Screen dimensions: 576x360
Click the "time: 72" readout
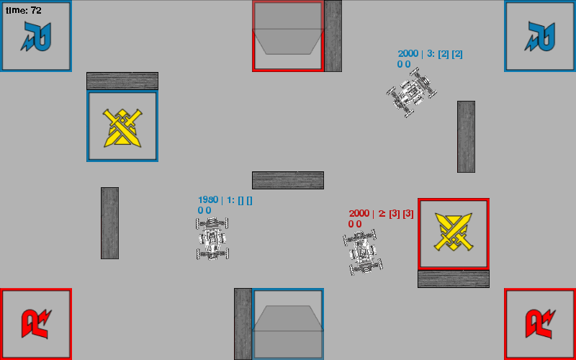[24, 10]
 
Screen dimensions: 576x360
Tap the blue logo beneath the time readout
[35, 36]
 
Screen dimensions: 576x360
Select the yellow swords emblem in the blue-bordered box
[122, 128]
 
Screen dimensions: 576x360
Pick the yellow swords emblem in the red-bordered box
[454, 232]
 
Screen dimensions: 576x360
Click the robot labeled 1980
[212, 238]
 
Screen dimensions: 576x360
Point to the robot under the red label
[363, 252]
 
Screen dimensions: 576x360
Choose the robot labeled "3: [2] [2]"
[412, 92]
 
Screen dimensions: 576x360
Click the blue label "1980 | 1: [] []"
[225, 200]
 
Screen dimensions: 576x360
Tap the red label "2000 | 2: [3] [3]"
[382, 214]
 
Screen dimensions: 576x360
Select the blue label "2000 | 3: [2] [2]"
[430, 54]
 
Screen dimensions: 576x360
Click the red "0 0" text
[355, 224]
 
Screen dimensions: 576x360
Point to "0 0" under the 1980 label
[204, 210]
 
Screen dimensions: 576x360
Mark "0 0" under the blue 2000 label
[404, 64]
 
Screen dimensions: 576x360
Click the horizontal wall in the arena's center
[288, 181]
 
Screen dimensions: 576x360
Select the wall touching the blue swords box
[122, 81]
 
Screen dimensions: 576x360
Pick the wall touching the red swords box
[454, 279]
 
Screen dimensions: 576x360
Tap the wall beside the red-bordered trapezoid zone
[333, 36]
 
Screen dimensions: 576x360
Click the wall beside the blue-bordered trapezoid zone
[243, 324]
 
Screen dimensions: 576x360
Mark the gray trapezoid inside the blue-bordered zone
[288, 331]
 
